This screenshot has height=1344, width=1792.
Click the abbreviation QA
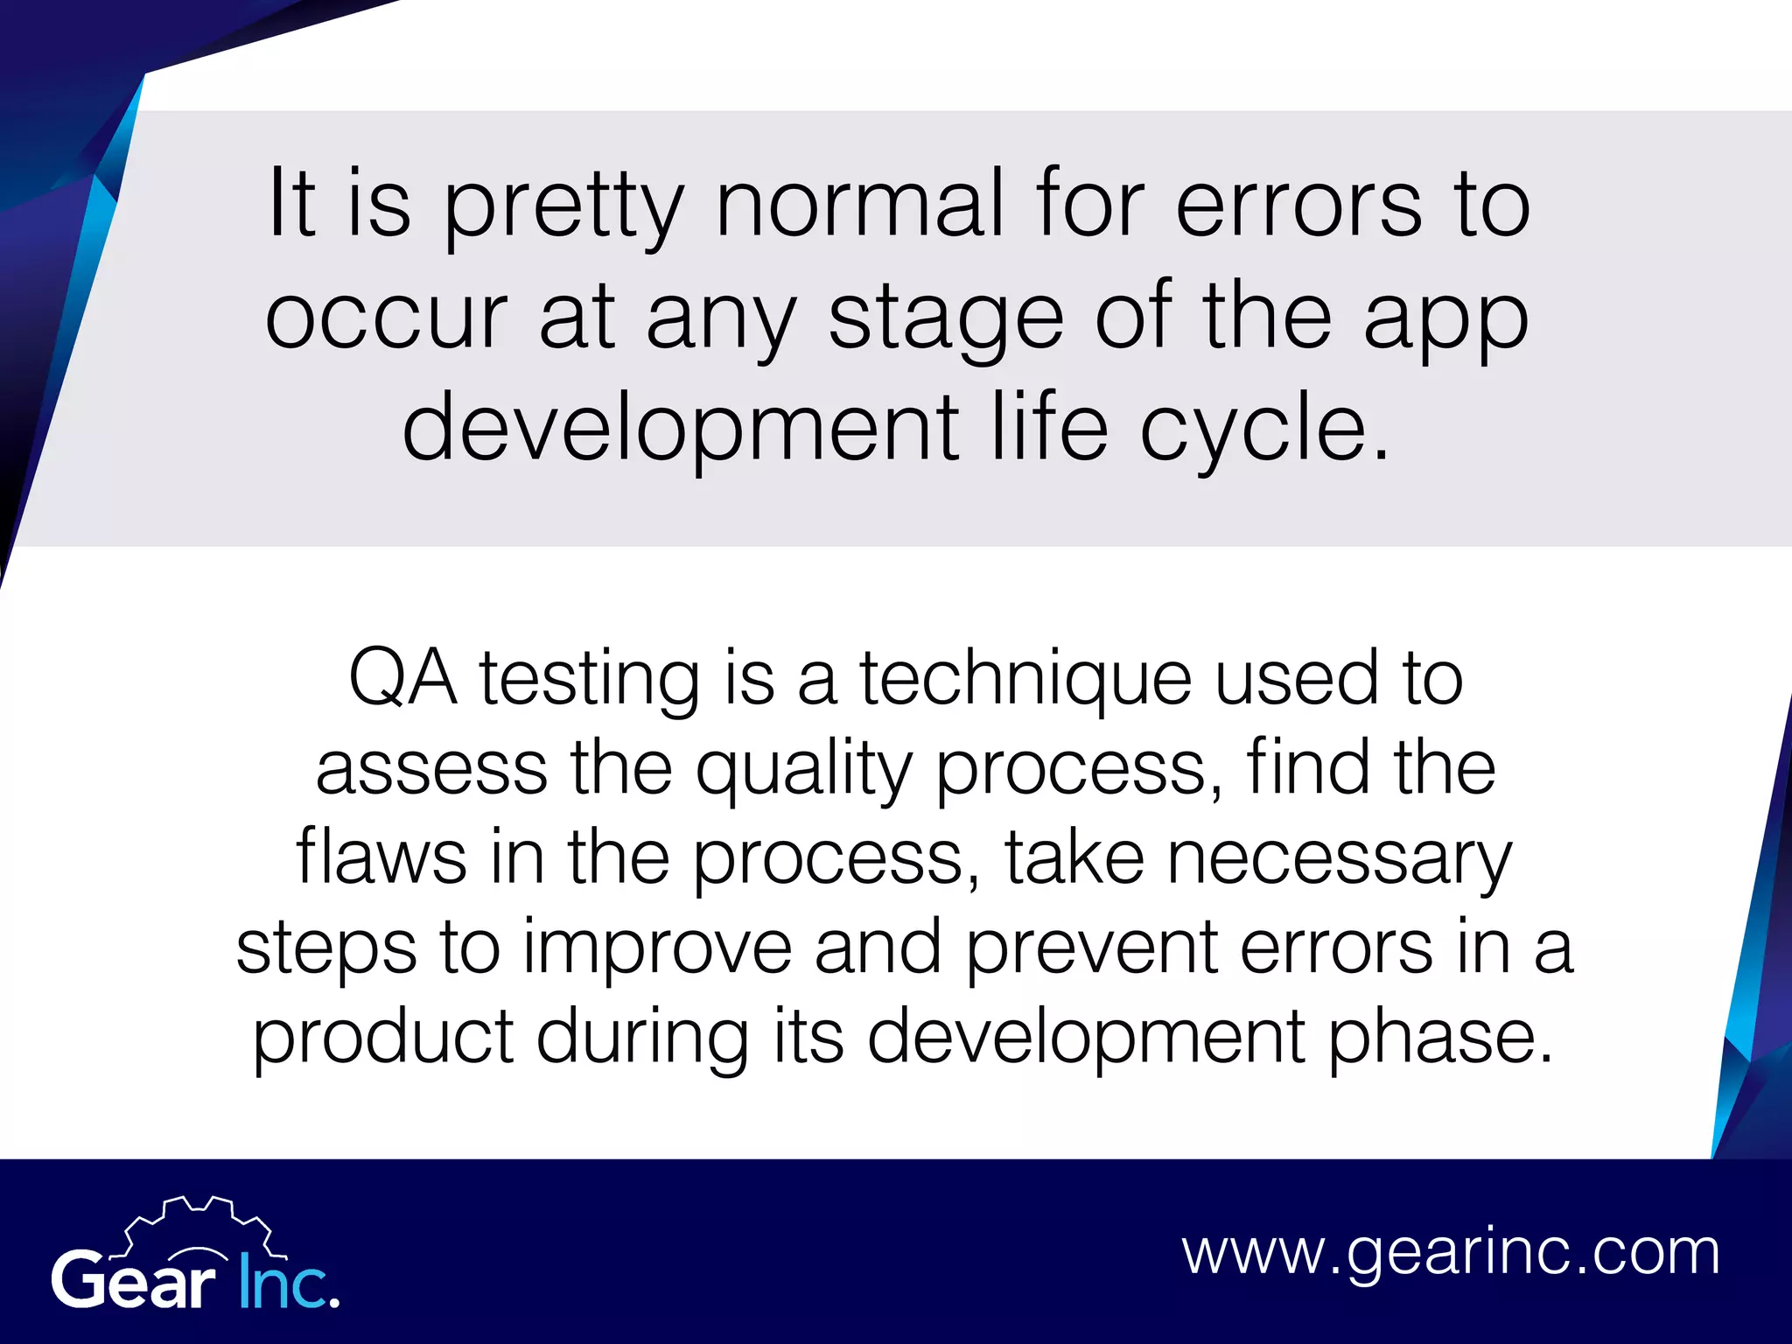click(402, 678)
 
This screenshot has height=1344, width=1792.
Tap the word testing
click(590, 681)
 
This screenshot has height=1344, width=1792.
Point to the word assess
click(431, 768)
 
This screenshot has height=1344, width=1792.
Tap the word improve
click(657, 950)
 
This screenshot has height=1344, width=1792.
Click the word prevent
click(1092, 948)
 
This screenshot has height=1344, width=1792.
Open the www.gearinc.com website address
click(1451, 1253)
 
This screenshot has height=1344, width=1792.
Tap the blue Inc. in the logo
click(288, 1282)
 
